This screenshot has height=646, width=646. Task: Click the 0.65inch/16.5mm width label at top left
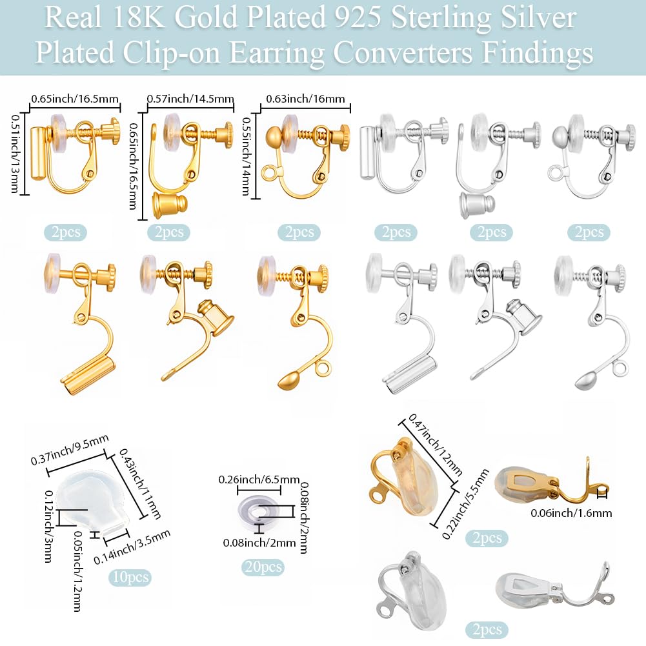pos(75,99)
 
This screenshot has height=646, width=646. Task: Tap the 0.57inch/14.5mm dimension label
pos(190,99)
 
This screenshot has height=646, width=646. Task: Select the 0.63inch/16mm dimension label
pos(305,99)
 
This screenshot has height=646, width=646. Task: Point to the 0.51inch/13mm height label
pos(15,154)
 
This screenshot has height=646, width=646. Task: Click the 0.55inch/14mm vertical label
pos(246,157)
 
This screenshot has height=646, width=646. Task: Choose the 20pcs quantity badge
pos(263,567)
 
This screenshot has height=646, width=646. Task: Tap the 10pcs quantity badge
pos(130,577)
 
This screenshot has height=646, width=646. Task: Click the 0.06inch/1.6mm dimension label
pos(571,513)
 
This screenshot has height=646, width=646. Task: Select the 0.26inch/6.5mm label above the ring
pos(259,479)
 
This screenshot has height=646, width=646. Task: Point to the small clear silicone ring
pos(259,511)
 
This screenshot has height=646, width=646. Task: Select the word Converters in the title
pos(402,53)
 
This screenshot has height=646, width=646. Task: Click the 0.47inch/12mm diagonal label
pos(435,445)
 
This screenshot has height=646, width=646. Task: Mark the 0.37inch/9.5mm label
pos(70,450)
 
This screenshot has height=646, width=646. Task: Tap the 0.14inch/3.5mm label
pos(132,547)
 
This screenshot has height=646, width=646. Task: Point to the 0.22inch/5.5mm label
pos(465,504)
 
